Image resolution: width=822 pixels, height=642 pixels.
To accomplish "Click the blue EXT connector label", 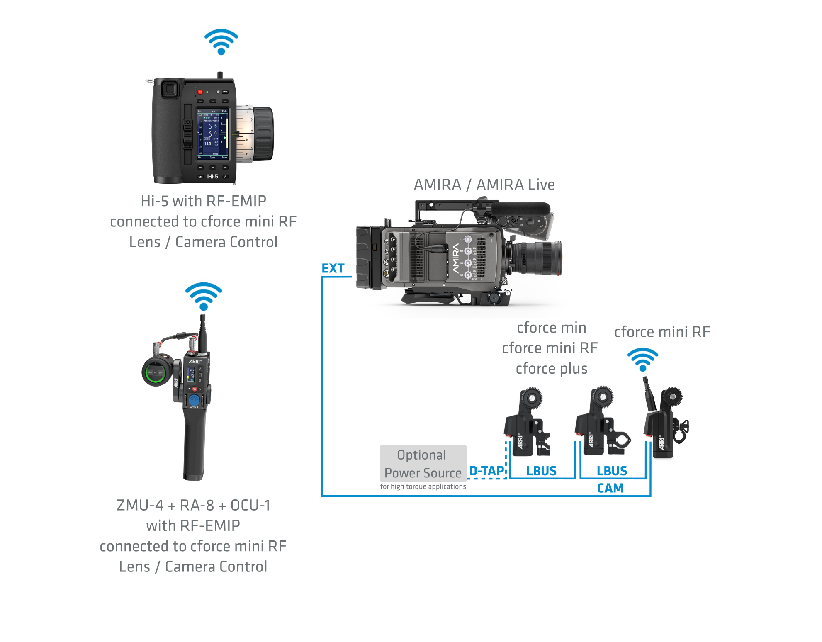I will pos(333,268).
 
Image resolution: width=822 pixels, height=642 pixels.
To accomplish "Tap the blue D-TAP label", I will pos(486,471).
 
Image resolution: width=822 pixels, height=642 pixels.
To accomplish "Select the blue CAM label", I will pos(610,488).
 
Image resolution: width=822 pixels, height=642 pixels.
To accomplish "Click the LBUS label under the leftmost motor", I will pos(541,471).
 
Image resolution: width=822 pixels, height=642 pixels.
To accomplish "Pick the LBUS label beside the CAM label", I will pos(612,471).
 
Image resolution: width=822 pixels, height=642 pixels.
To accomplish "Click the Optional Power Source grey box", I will pos(423,463).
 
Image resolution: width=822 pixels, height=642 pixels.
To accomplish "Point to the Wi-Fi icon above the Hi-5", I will pos(221,41).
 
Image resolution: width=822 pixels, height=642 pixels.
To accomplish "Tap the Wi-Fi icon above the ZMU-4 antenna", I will pos(203,296).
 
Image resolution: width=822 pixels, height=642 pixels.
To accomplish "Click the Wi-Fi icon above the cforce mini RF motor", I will pos(642,360).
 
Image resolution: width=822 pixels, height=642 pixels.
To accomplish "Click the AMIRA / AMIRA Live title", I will pos(484,185).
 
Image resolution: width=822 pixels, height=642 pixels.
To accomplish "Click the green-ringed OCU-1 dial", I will pos(156,372).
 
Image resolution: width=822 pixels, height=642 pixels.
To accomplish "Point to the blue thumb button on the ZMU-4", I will pos(194,400).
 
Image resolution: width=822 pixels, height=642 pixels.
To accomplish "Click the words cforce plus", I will pos(551,369).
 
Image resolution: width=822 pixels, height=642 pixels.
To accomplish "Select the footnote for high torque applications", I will pos(423,486).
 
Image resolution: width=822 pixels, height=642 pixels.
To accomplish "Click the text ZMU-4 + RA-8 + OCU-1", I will pos(193,505).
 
